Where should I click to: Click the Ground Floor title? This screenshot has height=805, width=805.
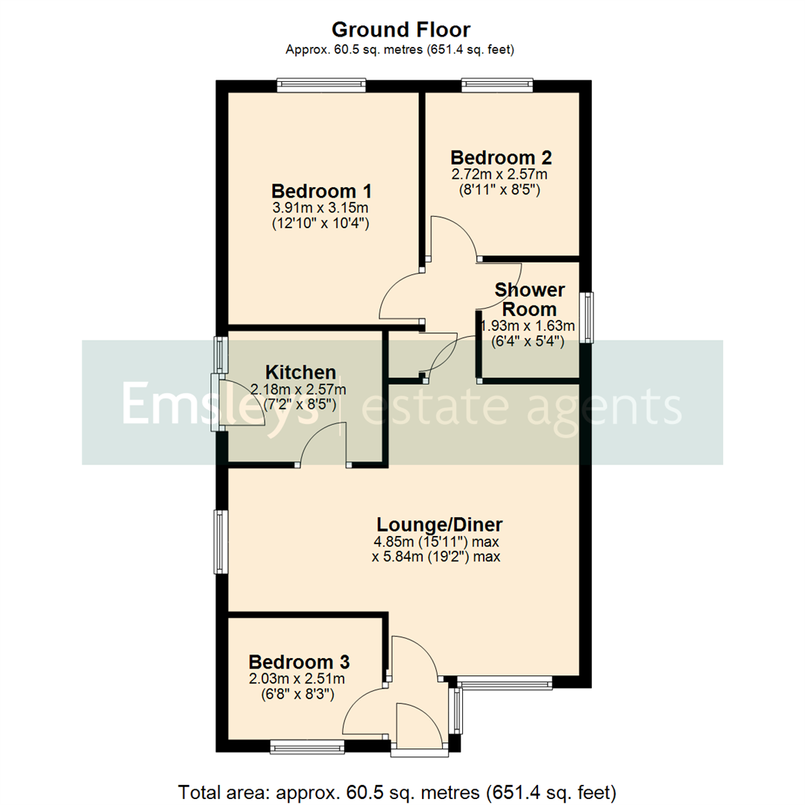click(400, 30)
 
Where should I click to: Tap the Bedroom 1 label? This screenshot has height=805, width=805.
click(321, 190)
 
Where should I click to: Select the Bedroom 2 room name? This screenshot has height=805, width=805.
click(501, 158)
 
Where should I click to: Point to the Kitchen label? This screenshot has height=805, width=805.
click(301, 372)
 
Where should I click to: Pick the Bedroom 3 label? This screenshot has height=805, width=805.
click(300, 662)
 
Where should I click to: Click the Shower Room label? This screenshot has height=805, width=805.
click(530, 299)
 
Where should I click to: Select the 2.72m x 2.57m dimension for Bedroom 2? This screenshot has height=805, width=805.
click(499, 174)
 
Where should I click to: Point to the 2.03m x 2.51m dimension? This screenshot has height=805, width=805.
click(297, 678)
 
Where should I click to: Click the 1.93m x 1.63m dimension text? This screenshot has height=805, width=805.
click(528, 326)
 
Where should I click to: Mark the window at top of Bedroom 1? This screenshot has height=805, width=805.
click(321, 86)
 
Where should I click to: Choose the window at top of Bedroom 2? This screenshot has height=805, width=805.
click(497, 86)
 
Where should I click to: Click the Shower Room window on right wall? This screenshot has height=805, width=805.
click(589, 317)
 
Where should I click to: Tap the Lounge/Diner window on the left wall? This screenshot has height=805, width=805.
click(221, 542)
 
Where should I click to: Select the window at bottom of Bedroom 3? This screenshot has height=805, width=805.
click(303, 745)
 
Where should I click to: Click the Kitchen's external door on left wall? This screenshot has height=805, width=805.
click(216, 403)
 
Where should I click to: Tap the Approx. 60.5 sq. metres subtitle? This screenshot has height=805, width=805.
click(400, 50)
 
